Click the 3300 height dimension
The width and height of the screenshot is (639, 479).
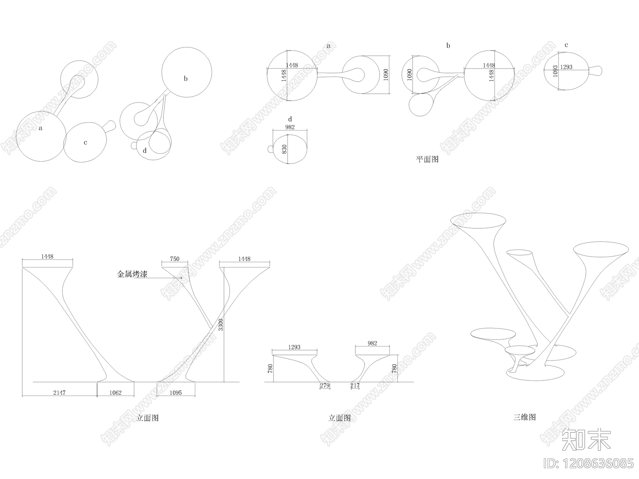tap(221, 325)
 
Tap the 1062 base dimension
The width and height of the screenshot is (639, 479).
tap(115, 393)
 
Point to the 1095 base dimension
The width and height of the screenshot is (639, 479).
tap(175, 393)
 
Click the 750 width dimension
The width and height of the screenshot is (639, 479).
tap(175, 259)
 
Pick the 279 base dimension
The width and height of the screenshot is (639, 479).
tap(325, 386)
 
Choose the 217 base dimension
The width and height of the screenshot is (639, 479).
tap(355, 386)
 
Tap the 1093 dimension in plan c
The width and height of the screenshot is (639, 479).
tap(555, 73)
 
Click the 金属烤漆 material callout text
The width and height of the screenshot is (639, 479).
tap(132, 274)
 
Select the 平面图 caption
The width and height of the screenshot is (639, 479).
tap(427, 159)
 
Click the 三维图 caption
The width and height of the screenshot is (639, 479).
tap(524, 418)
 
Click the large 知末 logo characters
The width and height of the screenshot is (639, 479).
tap(586, 439)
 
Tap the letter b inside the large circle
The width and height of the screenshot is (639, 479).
tap(186, 79)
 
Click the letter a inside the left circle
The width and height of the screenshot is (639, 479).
tap(41, 128)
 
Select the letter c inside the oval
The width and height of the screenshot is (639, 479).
tap(85, 143)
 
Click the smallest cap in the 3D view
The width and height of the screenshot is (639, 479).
tap(519, 350)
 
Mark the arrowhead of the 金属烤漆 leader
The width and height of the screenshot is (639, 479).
tap(182, 277)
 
